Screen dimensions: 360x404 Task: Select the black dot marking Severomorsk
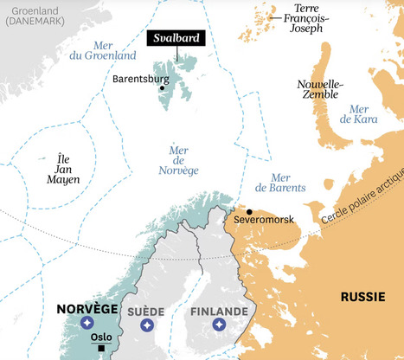click(x=249, y=211)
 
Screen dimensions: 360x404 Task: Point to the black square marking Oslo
click(x=101, y=349)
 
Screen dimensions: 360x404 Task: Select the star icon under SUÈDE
click(x=147, y=325)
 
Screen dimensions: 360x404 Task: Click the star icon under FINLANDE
click(x=219, y=325)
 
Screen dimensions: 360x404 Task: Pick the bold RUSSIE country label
click(x=362, y=296)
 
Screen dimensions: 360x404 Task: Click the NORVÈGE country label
click(x=87, y=309)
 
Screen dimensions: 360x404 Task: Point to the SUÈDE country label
click(x=147, y=311)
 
